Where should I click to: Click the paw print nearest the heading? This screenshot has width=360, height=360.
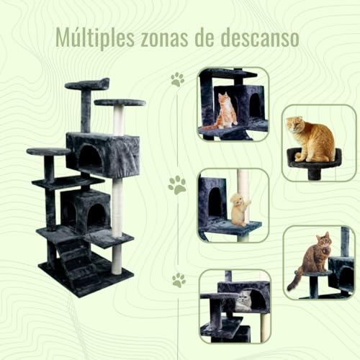[177, 80]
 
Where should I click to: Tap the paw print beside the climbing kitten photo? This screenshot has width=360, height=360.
[177, 185]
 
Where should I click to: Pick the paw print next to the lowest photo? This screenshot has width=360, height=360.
[178, 280]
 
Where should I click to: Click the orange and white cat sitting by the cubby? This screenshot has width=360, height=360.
[227, 112]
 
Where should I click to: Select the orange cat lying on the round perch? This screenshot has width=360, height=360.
[311, 140]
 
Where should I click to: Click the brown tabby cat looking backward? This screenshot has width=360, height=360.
[312, 259]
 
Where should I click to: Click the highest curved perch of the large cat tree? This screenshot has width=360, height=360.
[87, 84]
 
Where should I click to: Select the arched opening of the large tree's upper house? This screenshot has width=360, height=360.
[90, 157]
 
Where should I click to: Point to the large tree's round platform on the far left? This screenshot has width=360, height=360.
[48, 151]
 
